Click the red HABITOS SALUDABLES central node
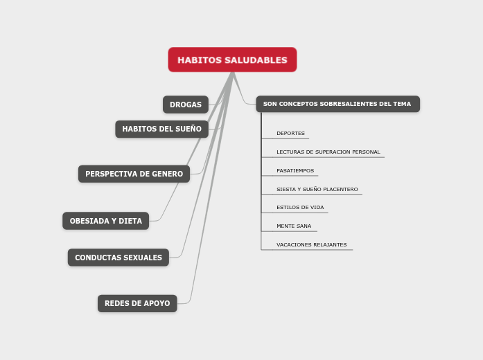[232, 60]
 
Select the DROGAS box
[185, 105]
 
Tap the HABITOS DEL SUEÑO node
[161, 129]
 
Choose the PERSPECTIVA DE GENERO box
[134, 174]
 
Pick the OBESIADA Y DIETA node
[105, 221]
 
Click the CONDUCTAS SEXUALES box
[118, 258]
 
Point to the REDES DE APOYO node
[137, 303]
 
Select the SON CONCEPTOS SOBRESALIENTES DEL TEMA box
[337, 104]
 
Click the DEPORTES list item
[290, 134]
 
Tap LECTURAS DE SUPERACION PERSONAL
[328, 152]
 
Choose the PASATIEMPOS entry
[295, 170]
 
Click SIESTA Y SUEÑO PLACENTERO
[317, 189]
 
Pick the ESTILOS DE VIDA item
[299, 208]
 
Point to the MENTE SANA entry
[294, 226]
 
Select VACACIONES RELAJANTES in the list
[311, 244]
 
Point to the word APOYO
[156, 303]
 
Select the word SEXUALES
[142, 258]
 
